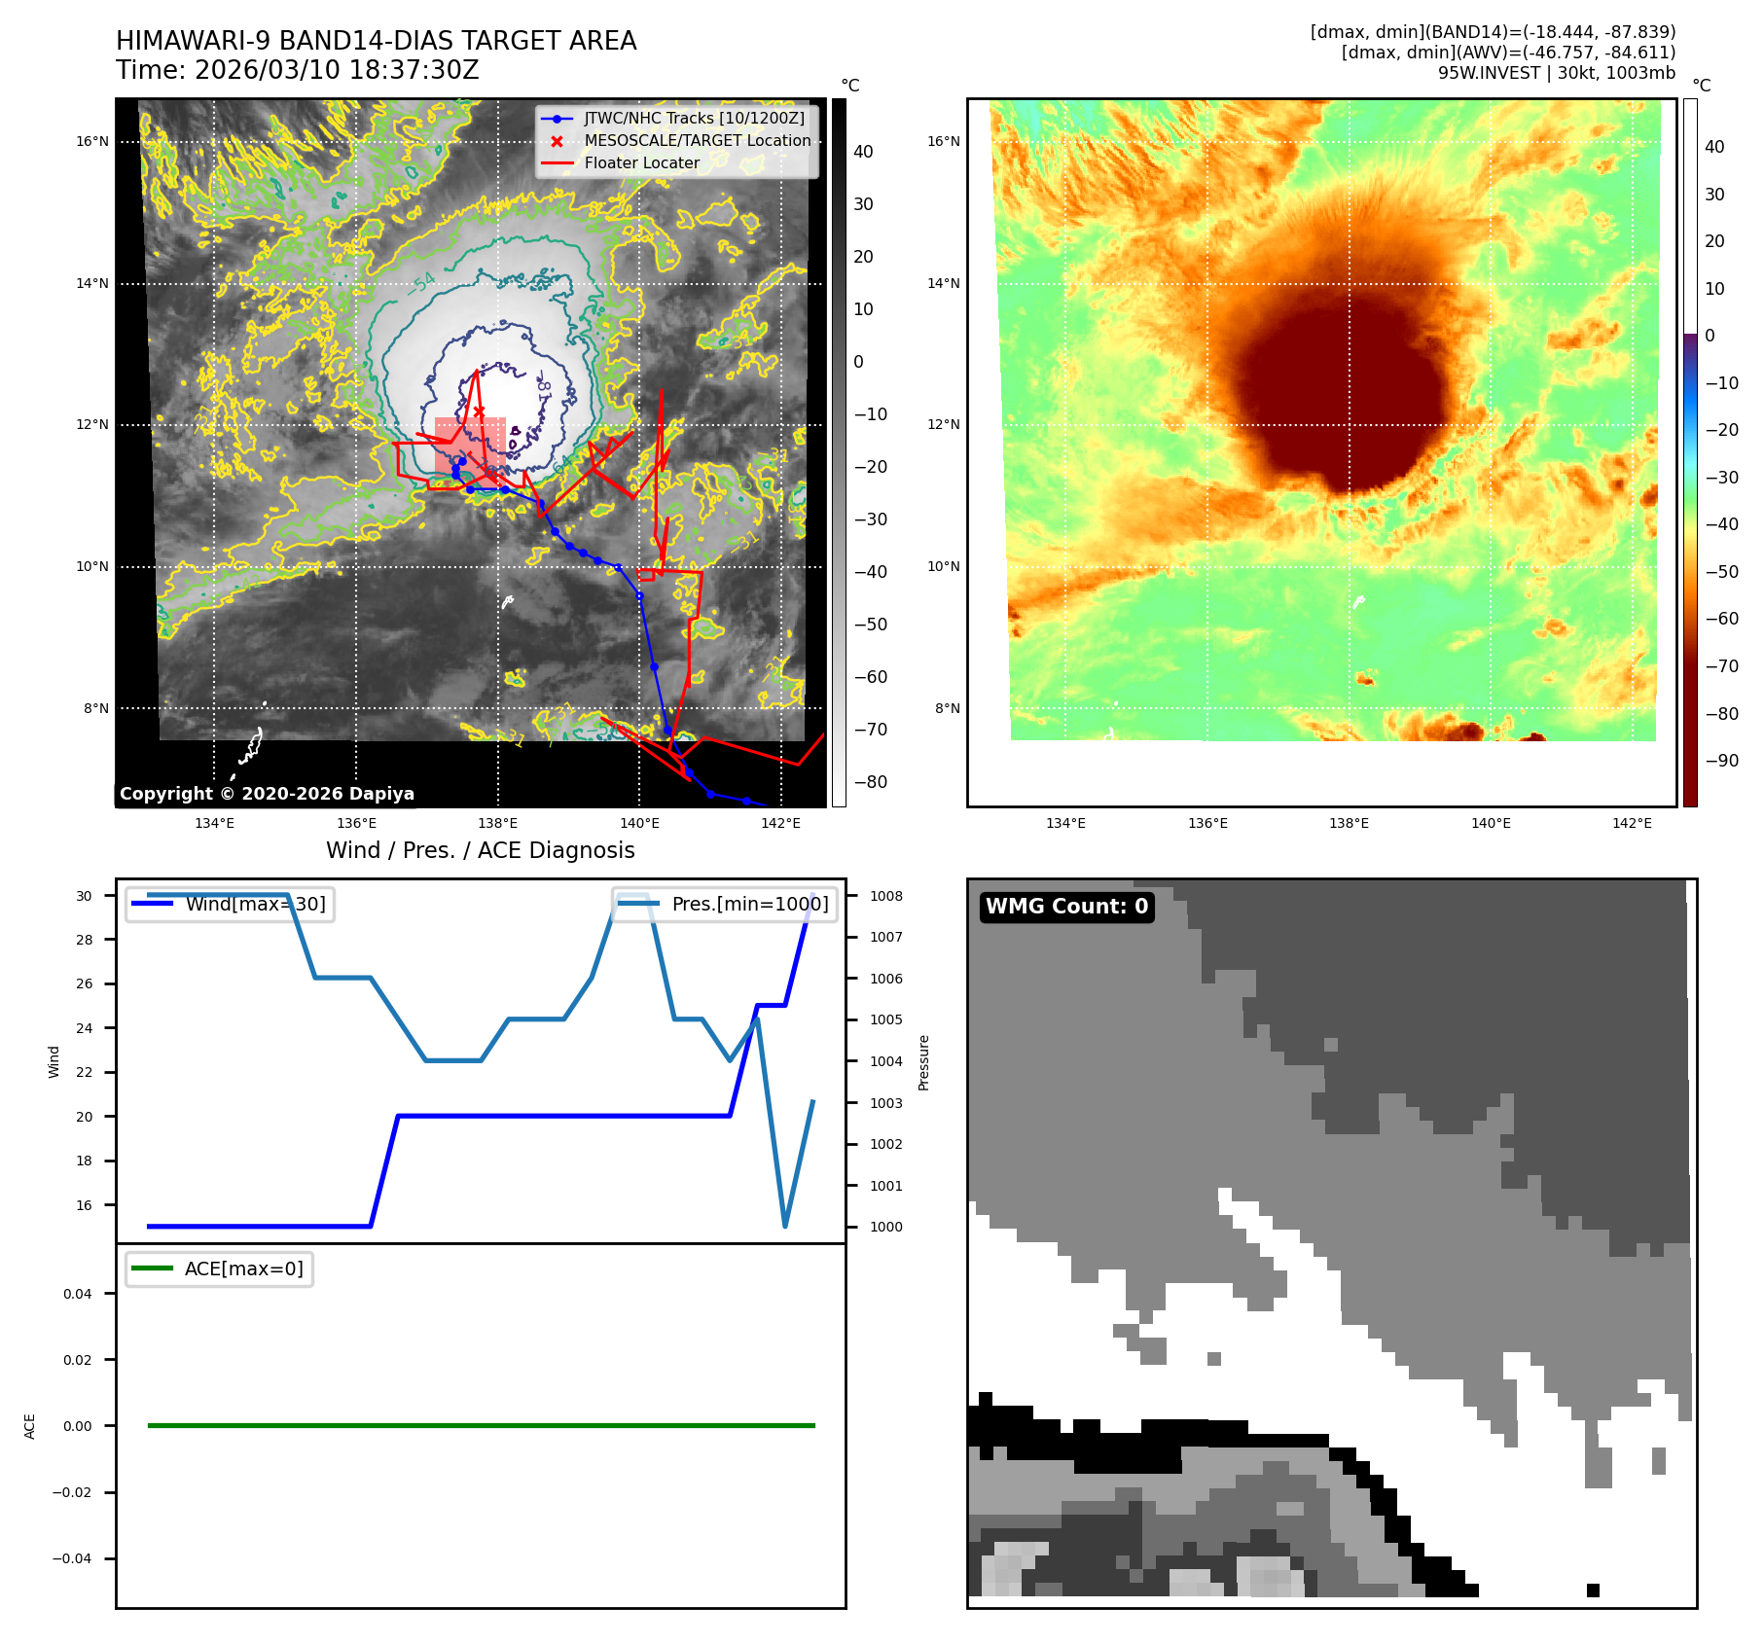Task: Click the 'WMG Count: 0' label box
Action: pyautogui.click(x=1066, y=907)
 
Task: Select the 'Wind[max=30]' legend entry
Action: pyautogui.click(x=255, y=904)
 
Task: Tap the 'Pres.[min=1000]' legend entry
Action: pyautogui.click(x=749, y=904)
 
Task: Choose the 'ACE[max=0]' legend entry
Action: pyautogui.click(x=243, y=1269)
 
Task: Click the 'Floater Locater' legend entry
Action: pyautogui.click(x=641, y=163)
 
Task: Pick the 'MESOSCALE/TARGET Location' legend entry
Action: pyautogui.click(x=697, y=141)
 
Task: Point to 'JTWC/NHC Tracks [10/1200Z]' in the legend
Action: pyautogui.click(x=694, y=119)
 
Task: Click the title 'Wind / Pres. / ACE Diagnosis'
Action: pyautogui.click(x=480, y=850)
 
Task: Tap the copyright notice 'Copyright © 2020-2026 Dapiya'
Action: pyautogui.click(x=267, y=794)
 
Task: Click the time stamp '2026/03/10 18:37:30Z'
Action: pyautogui.click(x=337, y=71)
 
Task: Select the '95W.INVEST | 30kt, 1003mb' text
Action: pyautogui.click(x=1556, y=73)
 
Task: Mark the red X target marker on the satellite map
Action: pyautogui.click(x=479, y=411)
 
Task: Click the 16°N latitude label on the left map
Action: pyautogui.click(x=92, y=142)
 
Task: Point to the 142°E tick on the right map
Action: pyautogui.click(x=1632, y=824)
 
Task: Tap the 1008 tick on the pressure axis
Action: pyautogui.click(x=885, y=896)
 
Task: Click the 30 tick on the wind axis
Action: pyautogui.click(x=85, y=896)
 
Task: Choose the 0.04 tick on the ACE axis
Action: pyautogui.click(x=78, y=1294)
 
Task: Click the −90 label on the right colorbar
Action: pyautogui.click(x=1721, y=761)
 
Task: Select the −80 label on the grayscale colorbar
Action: pyautogui.click(x=870, y=782)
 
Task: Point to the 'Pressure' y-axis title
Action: pyautogui.click(x=924, y=1062)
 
